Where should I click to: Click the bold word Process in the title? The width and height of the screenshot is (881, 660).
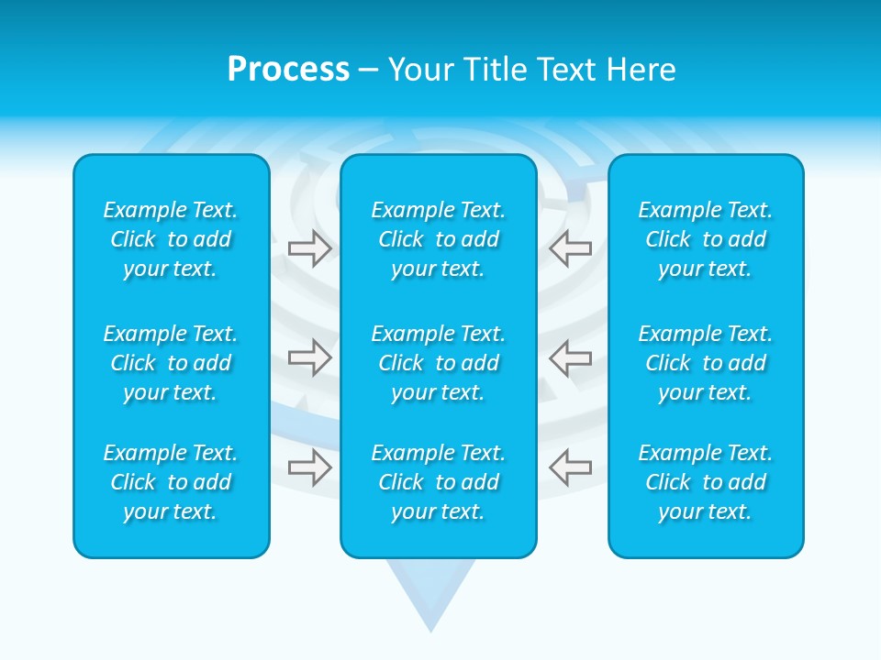point(288,70)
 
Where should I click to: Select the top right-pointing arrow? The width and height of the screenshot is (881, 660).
point(309,247)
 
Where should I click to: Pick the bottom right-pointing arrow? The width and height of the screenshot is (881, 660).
point(309,467)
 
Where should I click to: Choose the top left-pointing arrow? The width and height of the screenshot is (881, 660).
point(570,247)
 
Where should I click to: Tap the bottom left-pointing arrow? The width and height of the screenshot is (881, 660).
point(570,467)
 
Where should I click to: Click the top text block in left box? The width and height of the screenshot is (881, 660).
point(171,239)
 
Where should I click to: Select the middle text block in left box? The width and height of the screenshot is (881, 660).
point(171,363)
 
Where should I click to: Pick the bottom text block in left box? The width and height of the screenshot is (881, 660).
point(171,482)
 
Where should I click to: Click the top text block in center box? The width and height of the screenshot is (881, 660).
point(439,239)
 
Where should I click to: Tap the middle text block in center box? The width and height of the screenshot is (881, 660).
point(439,363)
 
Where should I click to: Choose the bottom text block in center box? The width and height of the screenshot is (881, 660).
point(439,482)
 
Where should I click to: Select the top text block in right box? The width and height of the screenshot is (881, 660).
point(706,239)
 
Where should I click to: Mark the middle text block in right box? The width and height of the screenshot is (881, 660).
point(706,363)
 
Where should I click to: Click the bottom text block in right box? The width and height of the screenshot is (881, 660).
point(706,482)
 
